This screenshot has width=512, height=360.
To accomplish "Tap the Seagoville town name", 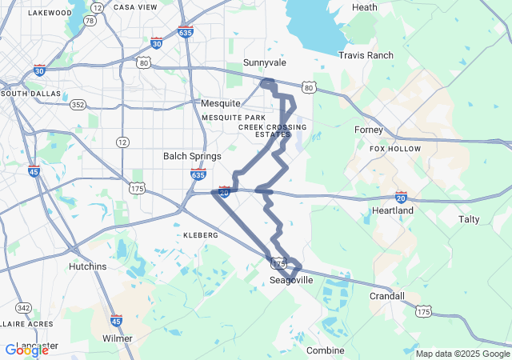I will (x=290, y=280).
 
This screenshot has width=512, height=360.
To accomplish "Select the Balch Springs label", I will (x=192, y=156).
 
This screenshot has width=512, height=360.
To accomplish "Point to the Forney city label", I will (x=369, y=130).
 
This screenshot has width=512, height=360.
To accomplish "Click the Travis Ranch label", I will (x=366, y=55).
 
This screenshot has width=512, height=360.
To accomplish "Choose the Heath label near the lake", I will (x=364, y=7).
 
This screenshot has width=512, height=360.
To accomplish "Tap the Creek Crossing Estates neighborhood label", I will (x=272, y=130).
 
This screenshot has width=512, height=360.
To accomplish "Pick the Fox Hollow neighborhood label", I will (x=395, y=149).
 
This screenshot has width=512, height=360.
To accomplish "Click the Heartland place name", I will (x=393, y=210).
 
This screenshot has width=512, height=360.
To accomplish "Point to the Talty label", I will (x=469, y=218).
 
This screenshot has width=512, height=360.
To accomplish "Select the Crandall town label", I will (x=387, y=296).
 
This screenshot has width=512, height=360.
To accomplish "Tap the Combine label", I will (x=326, y=350).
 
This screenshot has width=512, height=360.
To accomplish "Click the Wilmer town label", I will (x=118, y=338).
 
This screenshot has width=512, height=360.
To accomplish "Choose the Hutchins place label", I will (x=87, y=266).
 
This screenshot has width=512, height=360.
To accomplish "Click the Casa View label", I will (x=135, y=6).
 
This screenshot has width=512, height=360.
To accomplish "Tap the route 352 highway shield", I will (x=78, y=105).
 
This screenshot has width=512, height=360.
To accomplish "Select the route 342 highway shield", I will (x=24, y=308).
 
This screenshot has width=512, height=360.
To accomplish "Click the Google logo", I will (x=26, y=350).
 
